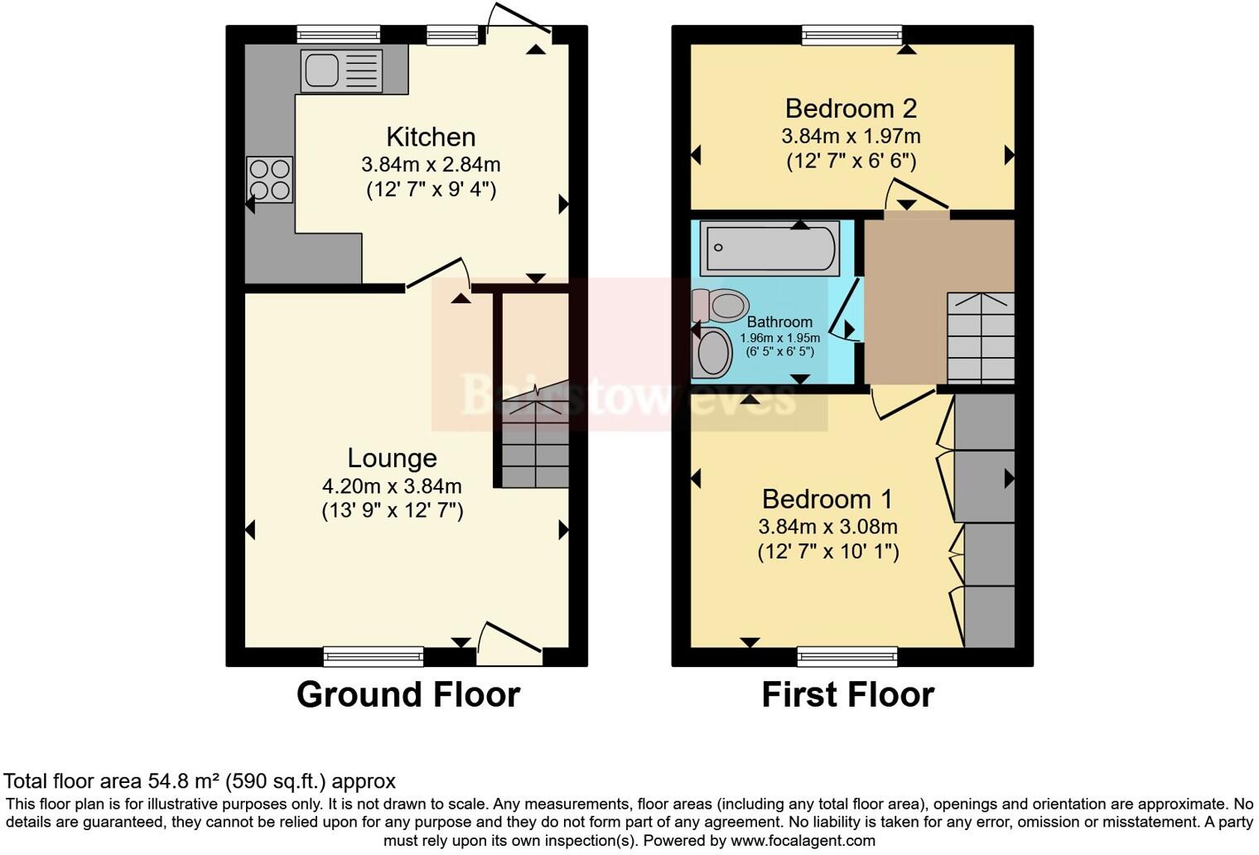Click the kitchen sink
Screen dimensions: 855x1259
(341, 70)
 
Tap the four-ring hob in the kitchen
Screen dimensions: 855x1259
(269, 180)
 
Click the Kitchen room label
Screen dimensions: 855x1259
(431, 137)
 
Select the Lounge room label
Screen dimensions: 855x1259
(392, 458)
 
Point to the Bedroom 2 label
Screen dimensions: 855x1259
(851, 109)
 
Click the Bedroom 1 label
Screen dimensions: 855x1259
(827, 500)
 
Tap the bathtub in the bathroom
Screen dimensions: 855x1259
(769, 248)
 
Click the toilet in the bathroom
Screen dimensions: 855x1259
(720, 306)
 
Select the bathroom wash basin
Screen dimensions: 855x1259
(712, 353)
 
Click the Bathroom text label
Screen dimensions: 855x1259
(779, 322)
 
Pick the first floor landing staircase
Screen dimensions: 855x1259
(981, 338)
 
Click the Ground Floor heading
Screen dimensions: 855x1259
(408, 695)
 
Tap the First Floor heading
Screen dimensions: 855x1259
(847, 695)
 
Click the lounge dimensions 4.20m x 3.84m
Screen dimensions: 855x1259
(392, 486)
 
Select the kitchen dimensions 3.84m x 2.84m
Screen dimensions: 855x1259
(431, 165)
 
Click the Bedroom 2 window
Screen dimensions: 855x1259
(851, 34)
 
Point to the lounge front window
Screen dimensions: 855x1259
(374, 657)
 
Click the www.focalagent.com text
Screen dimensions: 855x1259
(801, 841)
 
